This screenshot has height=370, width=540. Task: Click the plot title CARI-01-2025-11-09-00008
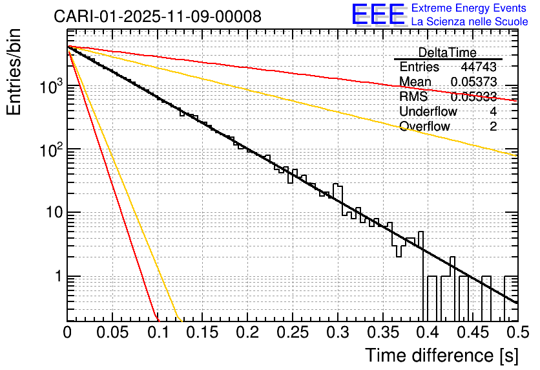pos(158,16)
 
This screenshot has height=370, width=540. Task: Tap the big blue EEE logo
pos(378,14)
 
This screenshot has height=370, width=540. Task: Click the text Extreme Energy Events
pos(468,8)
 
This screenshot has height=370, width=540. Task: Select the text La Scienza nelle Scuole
pos(470,22)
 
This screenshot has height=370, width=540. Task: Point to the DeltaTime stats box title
pos(448,52)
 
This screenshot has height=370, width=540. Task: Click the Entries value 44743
pos(479,67)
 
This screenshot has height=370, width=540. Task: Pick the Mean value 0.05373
pos(473,82)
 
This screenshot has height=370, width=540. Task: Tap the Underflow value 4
pos(493,111)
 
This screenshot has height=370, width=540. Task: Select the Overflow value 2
pos(493,126)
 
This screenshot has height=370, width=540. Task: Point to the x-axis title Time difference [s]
pos(442,355)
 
